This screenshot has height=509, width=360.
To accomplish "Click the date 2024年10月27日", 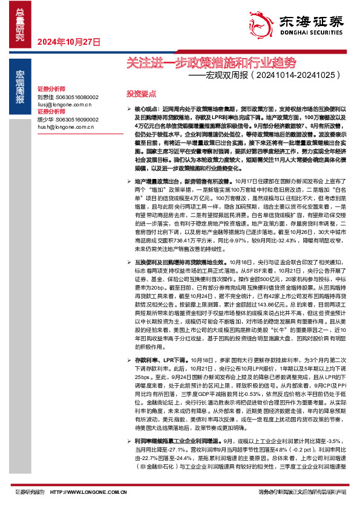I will point(68,42).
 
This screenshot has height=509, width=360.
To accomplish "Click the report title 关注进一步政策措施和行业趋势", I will point(212,62).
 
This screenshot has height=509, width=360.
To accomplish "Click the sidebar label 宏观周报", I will point(19,87).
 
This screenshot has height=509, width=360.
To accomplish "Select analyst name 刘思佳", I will point(46,97).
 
